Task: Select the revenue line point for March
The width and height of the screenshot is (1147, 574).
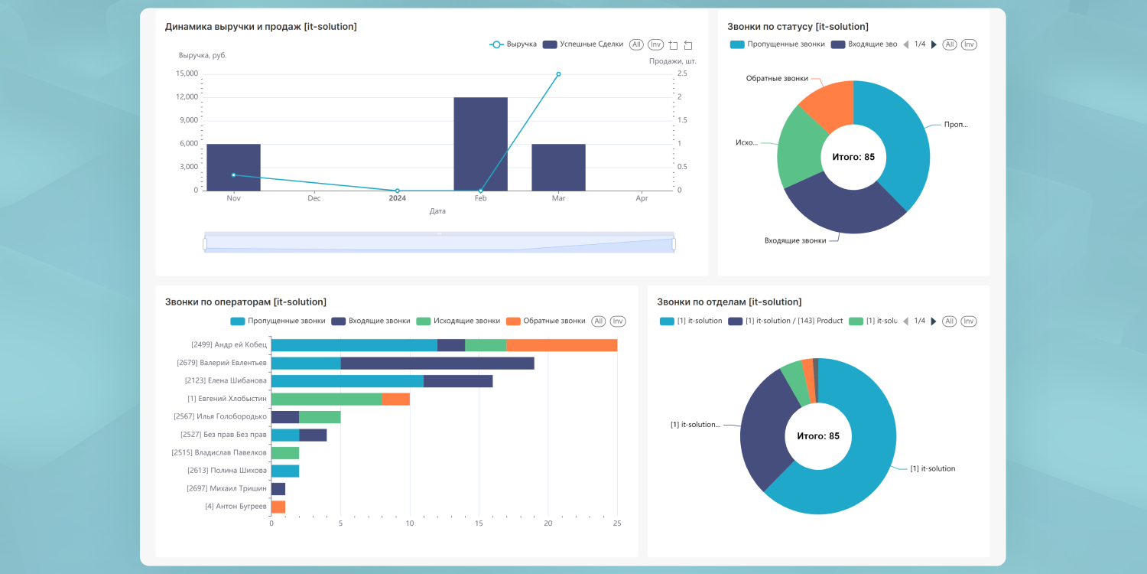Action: [558, 74]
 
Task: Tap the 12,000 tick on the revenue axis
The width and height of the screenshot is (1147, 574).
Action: [187, 97]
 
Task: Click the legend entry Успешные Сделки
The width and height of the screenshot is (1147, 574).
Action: [583, 44]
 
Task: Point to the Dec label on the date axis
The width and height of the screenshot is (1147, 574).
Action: [314, 198]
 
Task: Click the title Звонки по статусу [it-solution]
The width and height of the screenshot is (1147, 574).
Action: [798, 27]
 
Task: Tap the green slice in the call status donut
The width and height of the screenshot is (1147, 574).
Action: [799, 149]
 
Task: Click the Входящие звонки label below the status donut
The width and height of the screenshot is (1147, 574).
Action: [795, 240]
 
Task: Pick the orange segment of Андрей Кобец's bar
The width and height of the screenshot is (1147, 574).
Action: [561, 345]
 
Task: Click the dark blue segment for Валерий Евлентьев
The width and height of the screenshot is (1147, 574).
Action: [437, 363]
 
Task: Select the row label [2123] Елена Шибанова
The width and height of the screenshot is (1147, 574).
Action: [226, 380]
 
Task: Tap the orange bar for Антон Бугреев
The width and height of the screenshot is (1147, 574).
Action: [278, 507]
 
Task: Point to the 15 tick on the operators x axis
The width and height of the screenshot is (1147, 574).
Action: [479, 523]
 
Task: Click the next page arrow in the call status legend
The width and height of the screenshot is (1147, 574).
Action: [934, 44]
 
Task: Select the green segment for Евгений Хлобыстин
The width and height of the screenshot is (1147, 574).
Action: [327, 399]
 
